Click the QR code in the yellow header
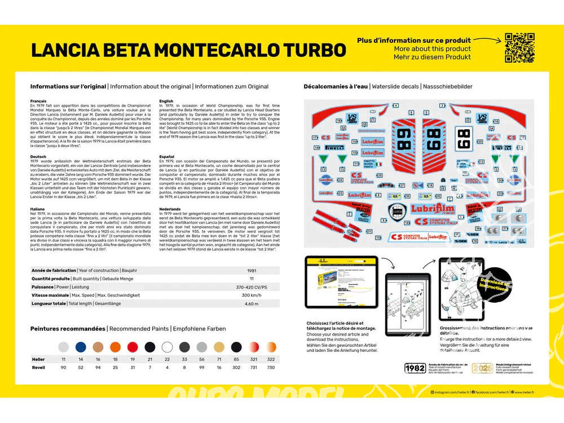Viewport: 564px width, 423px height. tap(519, 47)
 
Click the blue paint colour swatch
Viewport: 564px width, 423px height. tap(81, 347)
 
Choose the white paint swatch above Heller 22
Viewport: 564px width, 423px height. tap(166, 347)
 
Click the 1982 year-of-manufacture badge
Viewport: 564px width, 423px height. tap(415, 368)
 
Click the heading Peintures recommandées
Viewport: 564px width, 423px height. tap(68, 328)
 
